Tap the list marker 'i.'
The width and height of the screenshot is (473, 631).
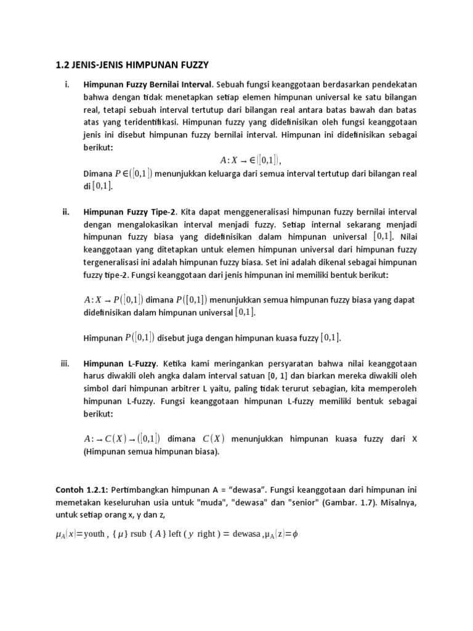[x=67, y=84]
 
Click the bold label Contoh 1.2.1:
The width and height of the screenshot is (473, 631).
[x=82, y=490]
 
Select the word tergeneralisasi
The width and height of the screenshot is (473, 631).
[x=112, y=262]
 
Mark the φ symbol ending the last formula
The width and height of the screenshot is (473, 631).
[x=295, y=534]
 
